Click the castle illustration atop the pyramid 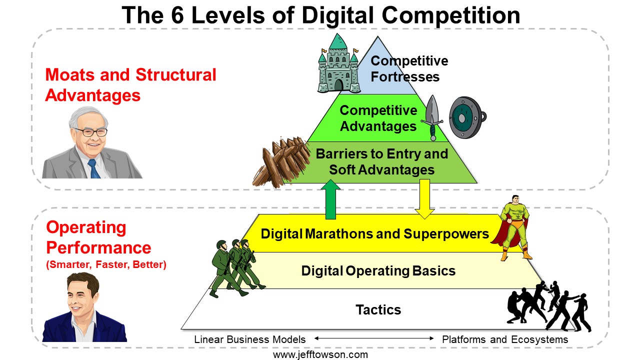[338, 64]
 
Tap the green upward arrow [330, 199]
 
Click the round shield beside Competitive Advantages [467, 117]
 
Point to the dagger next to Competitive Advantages [432, 117]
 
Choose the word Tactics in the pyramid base [378, 309]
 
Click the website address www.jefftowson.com [320, 355]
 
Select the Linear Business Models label [249, 339]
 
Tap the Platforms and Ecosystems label [505, 339]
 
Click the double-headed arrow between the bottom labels [374, 338]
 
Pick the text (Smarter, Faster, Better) [106, 264]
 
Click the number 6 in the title [177, 15]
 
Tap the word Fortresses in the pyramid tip [405, 77]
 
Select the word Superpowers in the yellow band [446, 234]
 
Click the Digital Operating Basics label [378, 271]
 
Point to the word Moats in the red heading [69, 75]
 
